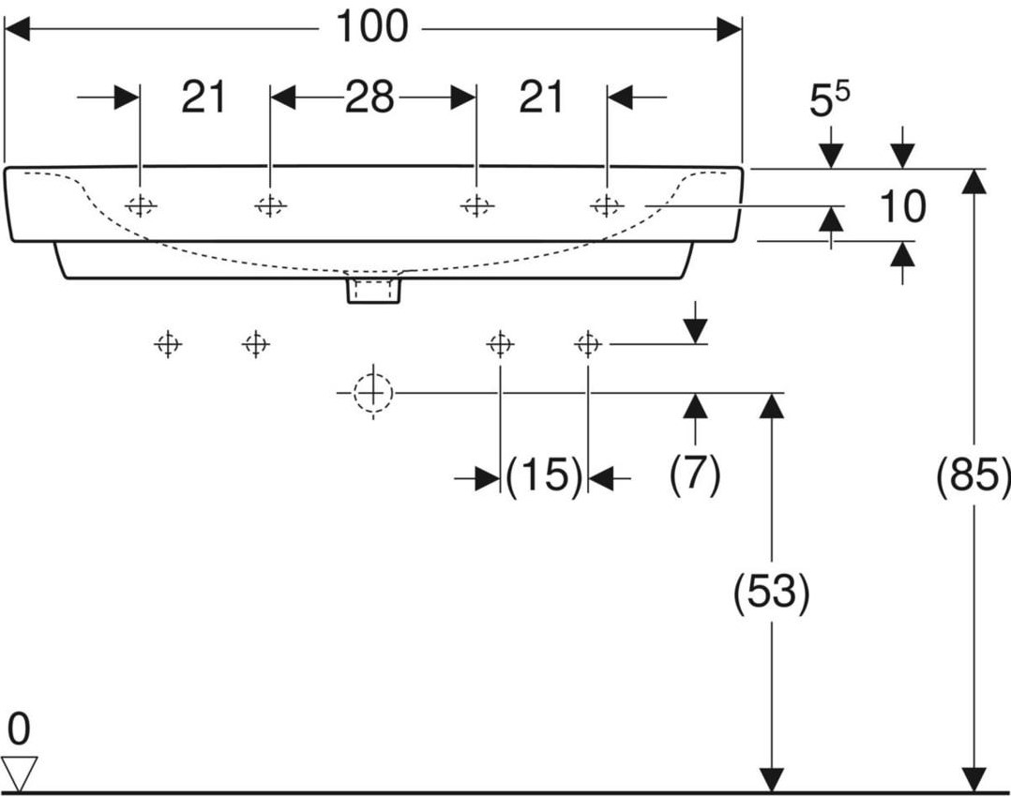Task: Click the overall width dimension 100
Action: [372, 27]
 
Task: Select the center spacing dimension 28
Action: [370, 98]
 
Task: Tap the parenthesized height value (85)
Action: [973, 477]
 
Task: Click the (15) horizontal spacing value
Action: [544, 476]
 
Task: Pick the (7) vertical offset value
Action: [694, 475]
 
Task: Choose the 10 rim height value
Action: [902, 206]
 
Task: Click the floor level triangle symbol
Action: [19, 773]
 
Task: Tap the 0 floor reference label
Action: [19, 729]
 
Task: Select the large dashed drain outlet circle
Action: [372, 392]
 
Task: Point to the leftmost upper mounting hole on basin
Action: [140, 206]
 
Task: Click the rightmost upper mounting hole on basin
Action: [607, 205]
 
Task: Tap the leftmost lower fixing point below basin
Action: [168, 344]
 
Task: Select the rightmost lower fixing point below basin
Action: [587, 344]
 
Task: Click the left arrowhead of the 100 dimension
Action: [18, 29]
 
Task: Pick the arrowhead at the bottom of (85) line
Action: [973, 779]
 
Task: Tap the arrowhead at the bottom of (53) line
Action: [772, 779]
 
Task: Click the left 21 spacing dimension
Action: [204, 98]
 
